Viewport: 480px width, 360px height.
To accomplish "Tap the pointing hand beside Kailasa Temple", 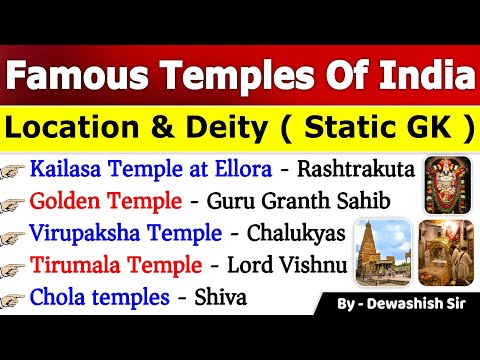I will (15, 172).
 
